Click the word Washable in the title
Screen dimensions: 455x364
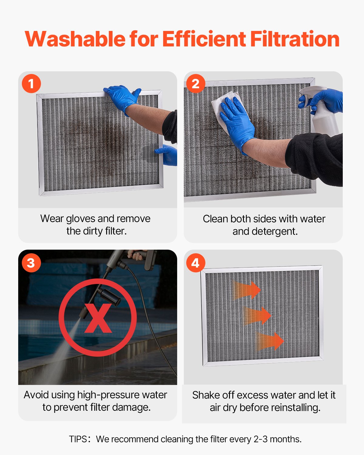click(75, 39)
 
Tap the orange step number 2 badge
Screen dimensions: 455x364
click(196, 83)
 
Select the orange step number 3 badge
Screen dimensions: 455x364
click(31, 263)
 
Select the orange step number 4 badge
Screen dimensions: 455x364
click(196, 263)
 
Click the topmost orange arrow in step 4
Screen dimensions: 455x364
click(247, 290)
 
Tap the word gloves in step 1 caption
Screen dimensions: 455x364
click(81, 219)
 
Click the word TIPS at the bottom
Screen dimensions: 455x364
click(78, 439)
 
